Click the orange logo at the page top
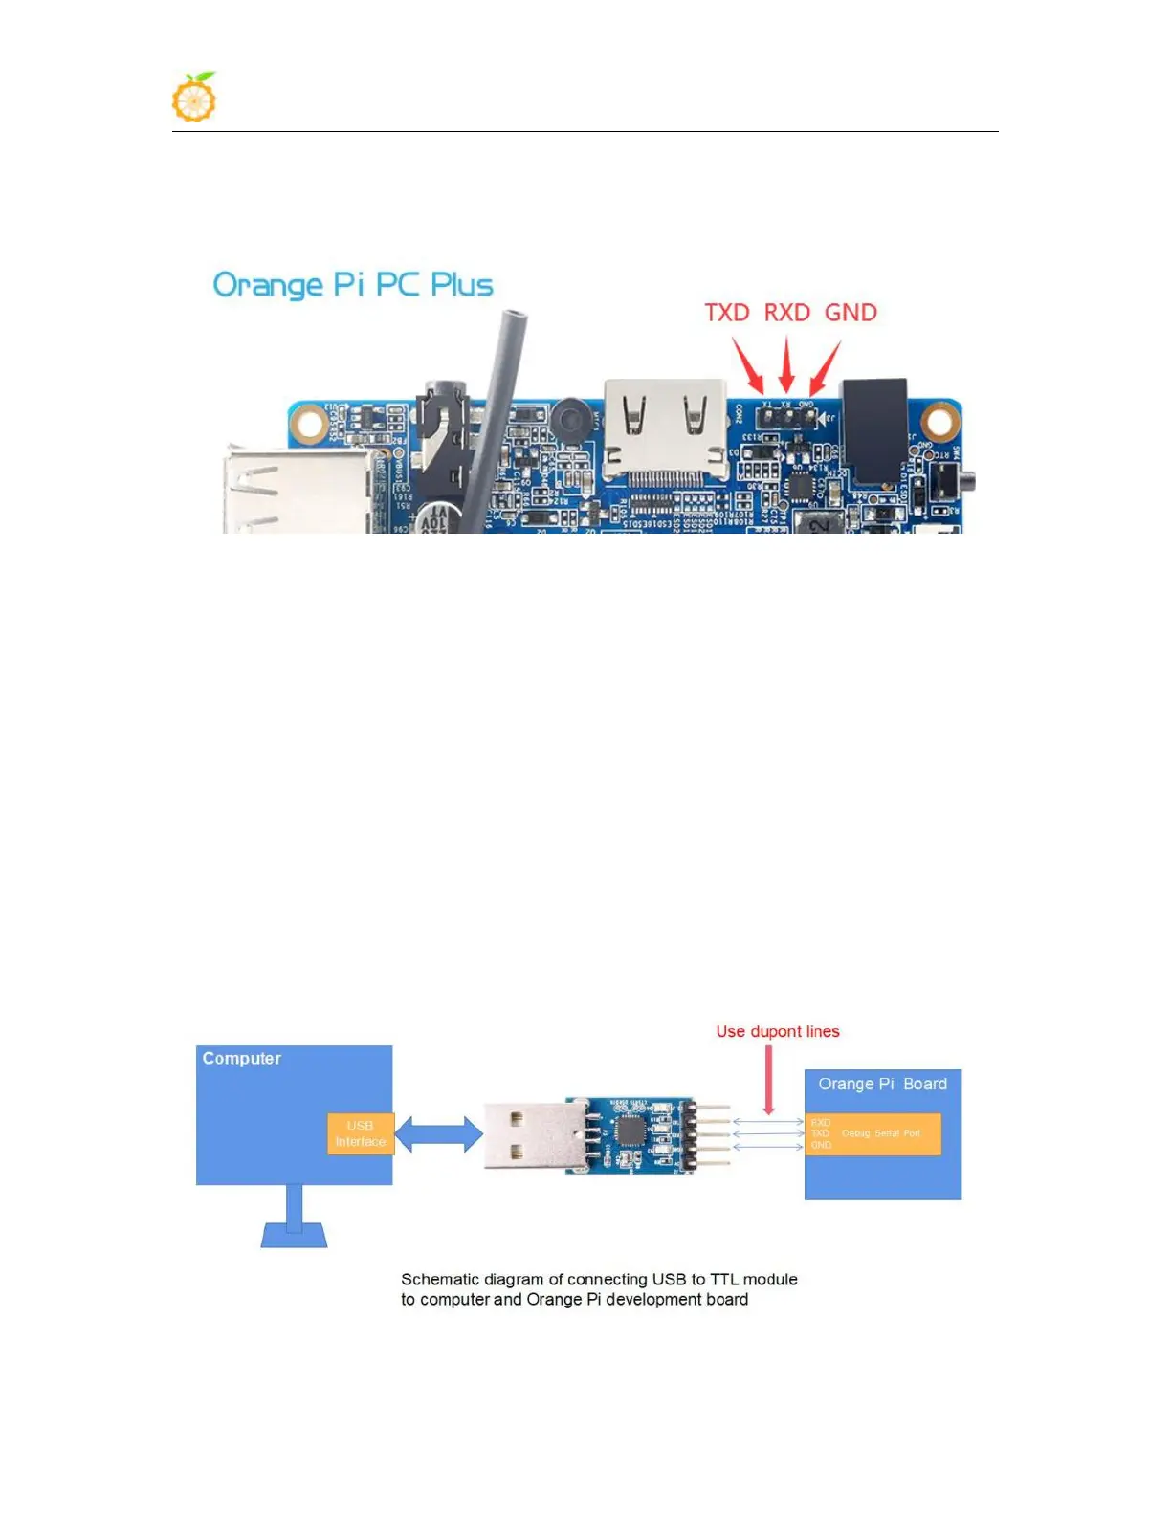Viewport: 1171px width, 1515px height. [194, 98]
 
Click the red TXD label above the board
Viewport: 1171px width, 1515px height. [727, 313]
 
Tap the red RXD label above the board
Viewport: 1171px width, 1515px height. [786, 313]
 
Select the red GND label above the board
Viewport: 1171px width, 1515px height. [851, 313]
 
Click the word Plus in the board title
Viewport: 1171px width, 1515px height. [462, 285]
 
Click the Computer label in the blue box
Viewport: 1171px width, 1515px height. [242, 1059]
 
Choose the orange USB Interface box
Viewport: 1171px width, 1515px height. [360, 1133]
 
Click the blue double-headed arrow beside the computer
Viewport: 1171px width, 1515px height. [438, 1134]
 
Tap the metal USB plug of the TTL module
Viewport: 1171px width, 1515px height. [524, 1135]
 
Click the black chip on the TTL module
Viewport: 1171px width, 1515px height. [630, 1130]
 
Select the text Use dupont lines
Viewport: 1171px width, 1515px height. [778, 1031]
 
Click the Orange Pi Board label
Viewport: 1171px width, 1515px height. [882, 1084]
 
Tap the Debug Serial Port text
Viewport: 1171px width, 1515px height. [881, 1133]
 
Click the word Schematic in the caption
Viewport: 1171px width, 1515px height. [441, 1280]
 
